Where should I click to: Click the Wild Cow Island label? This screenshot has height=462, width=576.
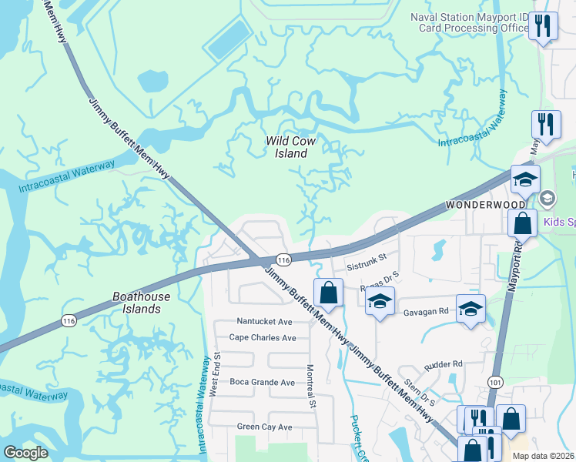tap(287, 147)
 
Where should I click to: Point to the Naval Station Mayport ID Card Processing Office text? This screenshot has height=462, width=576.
tap(469, 22)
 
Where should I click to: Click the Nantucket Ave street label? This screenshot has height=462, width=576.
tap(264, 321)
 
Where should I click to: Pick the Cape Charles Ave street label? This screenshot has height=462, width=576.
tap(263, 337)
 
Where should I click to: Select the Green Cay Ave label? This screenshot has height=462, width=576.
tap(264, 427)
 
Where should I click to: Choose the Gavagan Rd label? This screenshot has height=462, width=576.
tap(427, 313)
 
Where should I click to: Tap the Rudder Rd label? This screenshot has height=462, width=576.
tap(447, 364)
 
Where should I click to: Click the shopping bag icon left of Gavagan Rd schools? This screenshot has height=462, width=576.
tap(328, 293)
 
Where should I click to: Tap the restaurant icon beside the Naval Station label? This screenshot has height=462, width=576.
tap(544, 27)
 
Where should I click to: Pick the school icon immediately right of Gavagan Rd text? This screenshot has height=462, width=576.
tap(471, 310)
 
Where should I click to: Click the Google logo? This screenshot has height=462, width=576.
tap(25, 453)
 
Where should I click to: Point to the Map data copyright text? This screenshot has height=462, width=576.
tap(543, 456)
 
